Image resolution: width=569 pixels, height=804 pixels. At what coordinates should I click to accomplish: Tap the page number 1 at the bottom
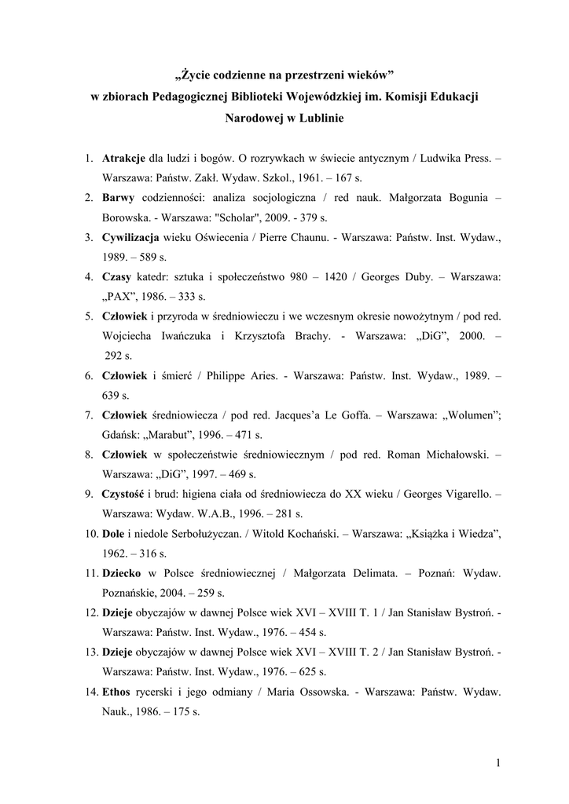point(498,762)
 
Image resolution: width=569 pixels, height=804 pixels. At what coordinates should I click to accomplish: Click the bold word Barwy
point(117,198)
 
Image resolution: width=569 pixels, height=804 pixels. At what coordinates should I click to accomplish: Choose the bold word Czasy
point(117,276)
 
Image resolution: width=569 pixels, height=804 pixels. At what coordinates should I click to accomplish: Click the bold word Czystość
point(125,494)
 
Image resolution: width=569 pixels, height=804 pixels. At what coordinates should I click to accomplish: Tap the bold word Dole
point(114,534)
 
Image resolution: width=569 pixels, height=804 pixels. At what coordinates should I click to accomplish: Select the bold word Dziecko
point(122,573)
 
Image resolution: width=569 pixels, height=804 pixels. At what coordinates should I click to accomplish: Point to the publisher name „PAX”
point(120,297)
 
